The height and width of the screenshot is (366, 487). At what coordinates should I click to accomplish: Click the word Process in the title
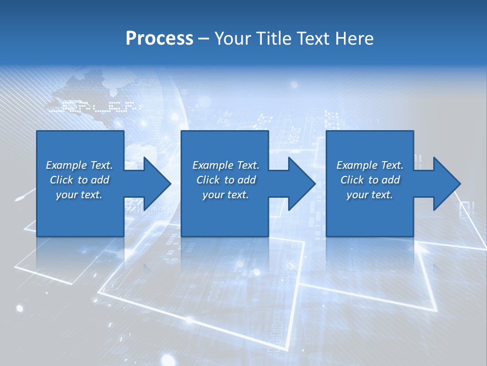[x=159, y=39]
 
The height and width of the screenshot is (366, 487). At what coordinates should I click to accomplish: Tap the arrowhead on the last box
[x=443, y=184]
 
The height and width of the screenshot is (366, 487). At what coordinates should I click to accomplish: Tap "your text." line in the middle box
[x=225, y=195]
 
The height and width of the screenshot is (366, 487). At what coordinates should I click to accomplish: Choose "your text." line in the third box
[x=369, y=195]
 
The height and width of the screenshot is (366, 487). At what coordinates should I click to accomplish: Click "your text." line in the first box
[x=79, y=195]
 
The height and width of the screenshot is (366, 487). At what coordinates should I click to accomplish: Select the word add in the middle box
[x=247, y=180]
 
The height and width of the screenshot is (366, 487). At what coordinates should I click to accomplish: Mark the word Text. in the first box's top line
[x=101, y=165]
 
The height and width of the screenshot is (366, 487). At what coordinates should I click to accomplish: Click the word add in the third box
[x=391, y=180]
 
